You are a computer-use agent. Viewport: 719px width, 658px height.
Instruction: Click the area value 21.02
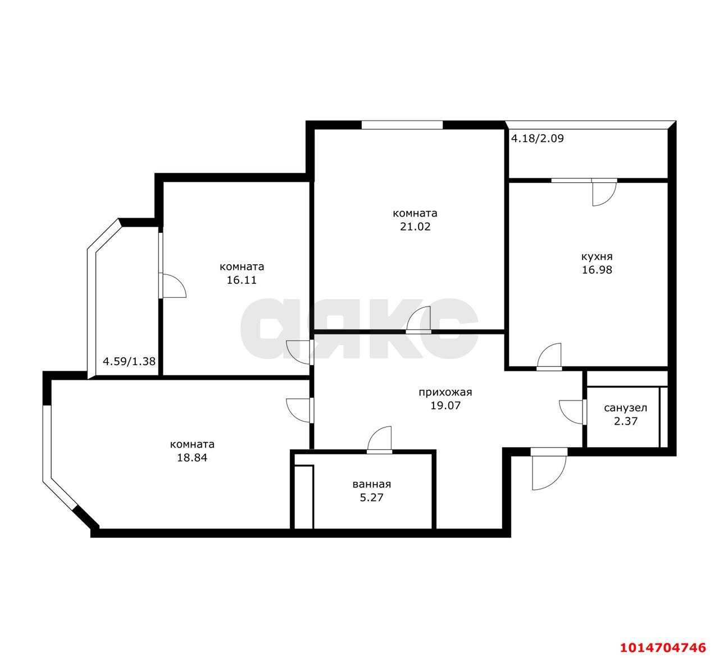[415, 227]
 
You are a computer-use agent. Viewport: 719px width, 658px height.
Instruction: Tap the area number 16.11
[242, 280]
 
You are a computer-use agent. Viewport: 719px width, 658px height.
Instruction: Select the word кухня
[597, 257]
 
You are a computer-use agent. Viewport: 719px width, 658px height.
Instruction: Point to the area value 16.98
[597, 270]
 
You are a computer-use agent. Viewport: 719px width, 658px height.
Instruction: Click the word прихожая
[445, 392]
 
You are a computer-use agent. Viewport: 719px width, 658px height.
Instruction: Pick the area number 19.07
[445, 405]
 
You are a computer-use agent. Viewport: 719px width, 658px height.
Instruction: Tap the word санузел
[625, 408]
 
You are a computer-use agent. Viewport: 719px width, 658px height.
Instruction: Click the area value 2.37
[625, 421]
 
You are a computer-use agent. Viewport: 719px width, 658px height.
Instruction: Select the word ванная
[372, 484]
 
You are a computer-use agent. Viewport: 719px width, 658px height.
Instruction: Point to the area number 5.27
[372, 497]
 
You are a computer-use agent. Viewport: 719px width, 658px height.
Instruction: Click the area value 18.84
[192, 458]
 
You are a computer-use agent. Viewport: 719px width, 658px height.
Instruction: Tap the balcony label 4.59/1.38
[129, 361]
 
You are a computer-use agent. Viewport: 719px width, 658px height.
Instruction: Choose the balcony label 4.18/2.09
[537, 138]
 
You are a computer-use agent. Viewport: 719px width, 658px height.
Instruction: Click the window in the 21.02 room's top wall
[402, 125]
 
